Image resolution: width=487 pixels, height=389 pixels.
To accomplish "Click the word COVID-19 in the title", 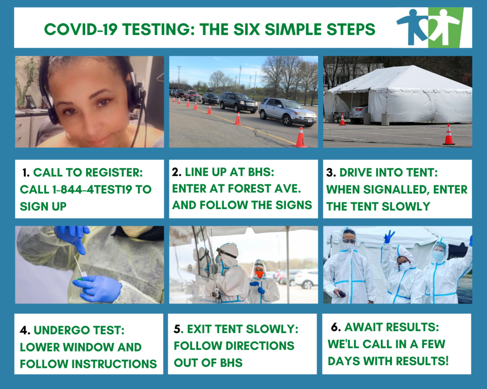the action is pos(81,29).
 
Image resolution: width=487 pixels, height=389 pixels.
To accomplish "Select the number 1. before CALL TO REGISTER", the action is pos(26,172).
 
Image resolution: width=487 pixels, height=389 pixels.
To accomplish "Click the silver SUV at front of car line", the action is pos(288,111).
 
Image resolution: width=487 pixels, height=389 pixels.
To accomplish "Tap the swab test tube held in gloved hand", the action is pos(81,270).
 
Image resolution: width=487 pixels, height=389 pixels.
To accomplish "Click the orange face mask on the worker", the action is pos(259,274).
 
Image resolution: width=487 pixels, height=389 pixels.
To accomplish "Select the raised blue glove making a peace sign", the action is pos(389,237).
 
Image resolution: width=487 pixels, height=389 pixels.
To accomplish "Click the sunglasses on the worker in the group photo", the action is pos(349,241).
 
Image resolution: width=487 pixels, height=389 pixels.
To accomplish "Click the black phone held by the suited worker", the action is pos(341,294).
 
